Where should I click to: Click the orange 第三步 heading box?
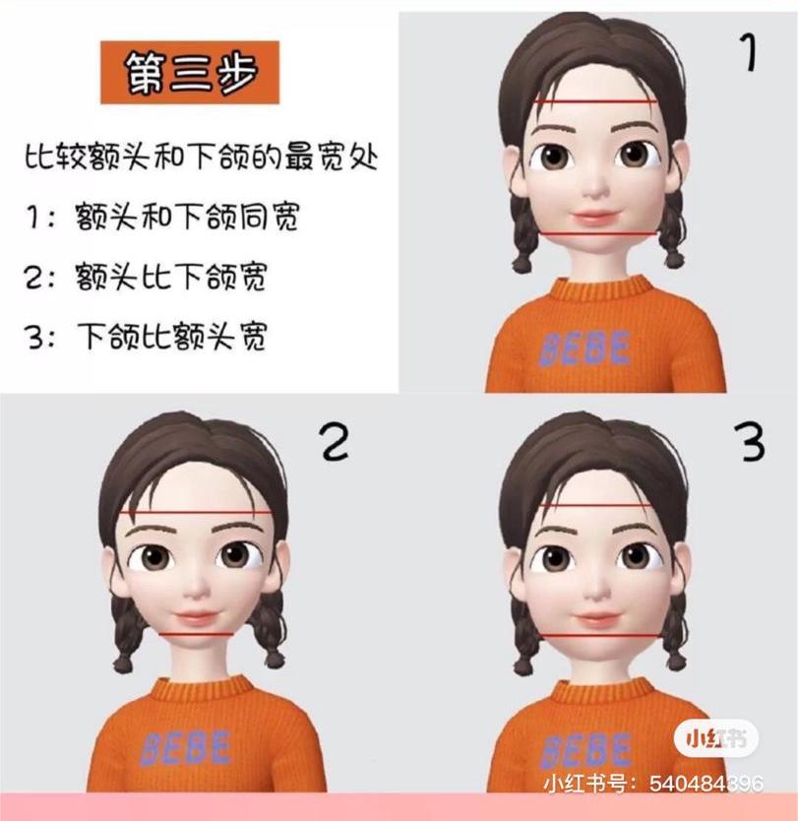[x=189, y=73]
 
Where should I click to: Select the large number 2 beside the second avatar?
[x=334, y=442]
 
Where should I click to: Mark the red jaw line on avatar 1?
[x=596, y=233]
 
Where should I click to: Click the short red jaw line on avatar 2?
[x=197, y=634]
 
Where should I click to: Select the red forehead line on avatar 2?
[x=194, y=514]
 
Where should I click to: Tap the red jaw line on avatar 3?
[x=599, y=635]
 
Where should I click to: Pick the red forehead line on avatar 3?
[x=595, y=506]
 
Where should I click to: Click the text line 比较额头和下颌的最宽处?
[x=202, y=157]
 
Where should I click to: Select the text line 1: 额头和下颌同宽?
[x=162, y=218]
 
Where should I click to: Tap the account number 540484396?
[x=706, y=785]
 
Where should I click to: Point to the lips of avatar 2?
[x=197, y=617]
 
